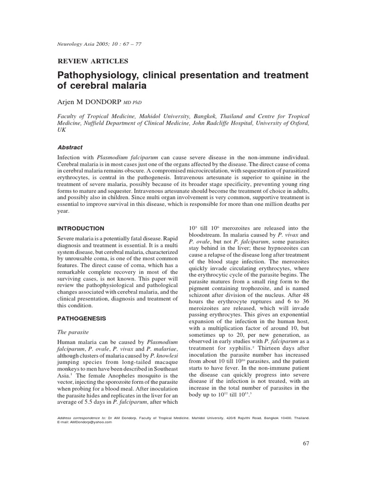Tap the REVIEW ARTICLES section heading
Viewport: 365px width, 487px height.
pyautogui.click(x=93, y=61)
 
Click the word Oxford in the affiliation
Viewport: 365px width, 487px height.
pyautogui.click(x=293, y=123)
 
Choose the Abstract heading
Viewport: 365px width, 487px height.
pyautogui.click(x=70, y=147)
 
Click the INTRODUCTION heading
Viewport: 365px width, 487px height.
pyautogui.click(x=80, y=228)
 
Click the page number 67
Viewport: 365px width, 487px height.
pyautogui.click(x=306, y=444)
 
